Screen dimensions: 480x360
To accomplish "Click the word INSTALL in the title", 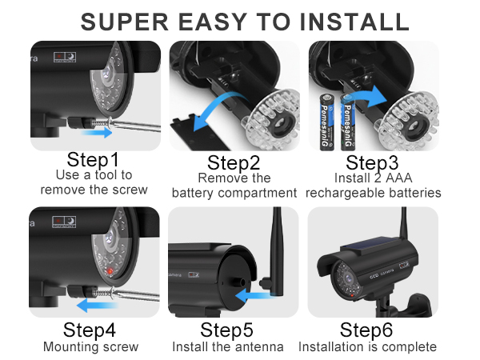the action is tap(354, 22).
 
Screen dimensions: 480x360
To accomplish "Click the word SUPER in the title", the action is tap(125, 22).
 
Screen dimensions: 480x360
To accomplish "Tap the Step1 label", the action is tap(93, 159).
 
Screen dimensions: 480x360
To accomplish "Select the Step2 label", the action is tap(234, 162).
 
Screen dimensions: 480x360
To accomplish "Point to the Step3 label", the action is tap(372, 162).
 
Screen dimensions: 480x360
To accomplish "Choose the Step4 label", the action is tap(90, 330).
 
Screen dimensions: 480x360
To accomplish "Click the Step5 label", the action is tap(226, 330).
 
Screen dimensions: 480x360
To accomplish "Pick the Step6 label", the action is tap(366, 330).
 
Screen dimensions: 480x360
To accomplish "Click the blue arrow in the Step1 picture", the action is tap(97, 132).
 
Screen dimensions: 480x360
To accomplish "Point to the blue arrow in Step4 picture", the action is tap(97, 306).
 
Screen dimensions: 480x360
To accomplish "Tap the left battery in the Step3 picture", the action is tap(326, 122).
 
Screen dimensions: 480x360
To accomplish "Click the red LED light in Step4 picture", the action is tap(110, 271).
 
